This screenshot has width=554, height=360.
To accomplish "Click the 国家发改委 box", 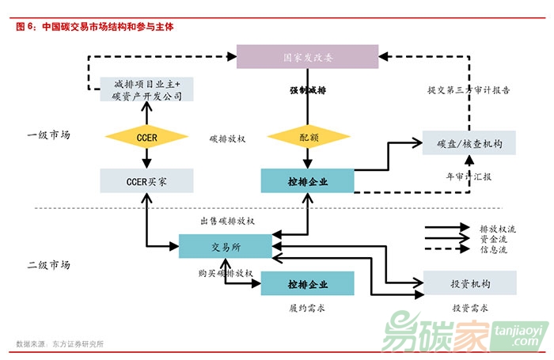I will [308, 57].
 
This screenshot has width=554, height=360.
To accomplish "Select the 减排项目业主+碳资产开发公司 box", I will [147, 89].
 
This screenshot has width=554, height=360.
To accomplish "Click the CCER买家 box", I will [147, 181].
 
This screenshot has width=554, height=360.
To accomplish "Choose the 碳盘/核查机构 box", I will [469, 143].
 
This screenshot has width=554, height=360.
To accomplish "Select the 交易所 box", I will [226, 246].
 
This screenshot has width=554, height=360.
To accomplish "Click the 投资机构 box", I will [469, 282].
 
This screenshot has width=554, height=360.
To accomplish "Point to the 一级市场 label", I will [49, 135].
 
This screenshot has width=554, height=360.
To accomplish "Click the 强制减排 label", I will [308, 90].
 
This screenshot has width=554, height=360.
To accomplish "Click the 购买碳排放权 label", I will [226, 273].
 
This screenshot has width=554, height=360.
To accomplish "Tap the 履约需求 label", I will [308, 308].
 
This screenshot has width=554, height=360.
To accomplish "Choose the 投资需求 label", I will [469, 308].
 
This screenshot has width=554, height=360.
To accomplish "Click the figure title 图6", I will [95, 26].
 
